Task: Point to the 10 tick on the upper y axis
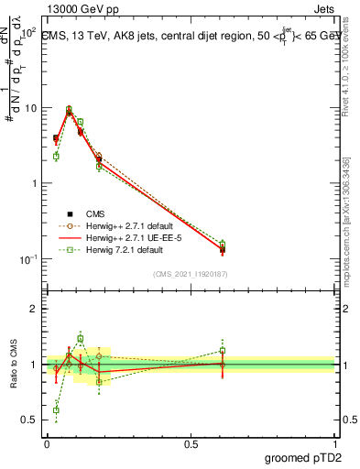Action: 29,108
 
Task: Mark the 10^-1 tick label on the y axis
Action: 27,259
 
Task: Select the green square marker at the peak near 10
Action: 69,109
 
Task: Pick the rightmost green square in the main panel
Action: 222,244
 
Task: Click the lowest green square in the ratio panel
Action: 56,409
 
